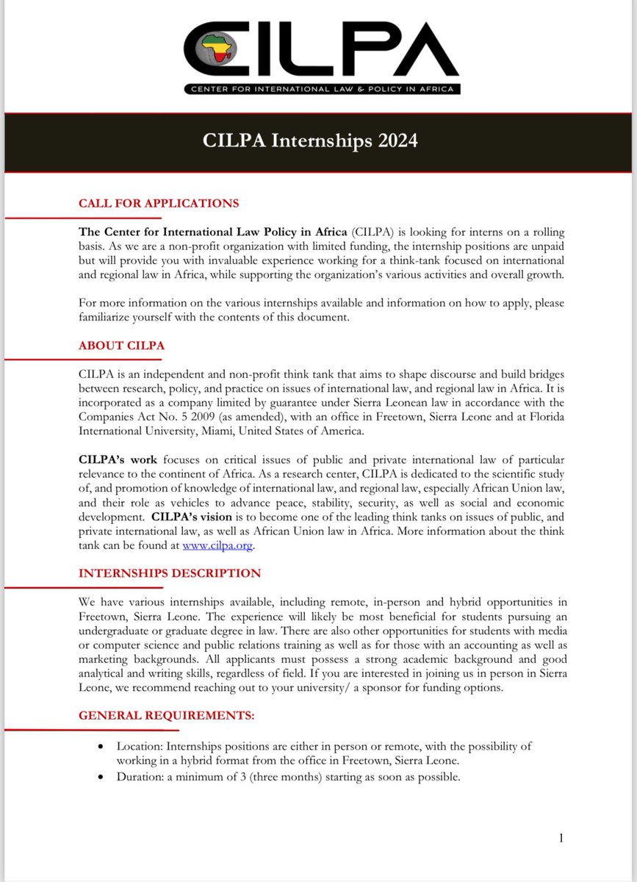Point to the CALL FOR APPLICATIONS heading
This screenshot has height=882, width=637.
pos(159,203)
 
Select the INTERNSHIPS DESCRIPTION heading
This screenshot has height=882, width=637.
pos(169,573)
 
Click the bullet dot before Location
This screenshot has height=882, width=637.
pos(101,745)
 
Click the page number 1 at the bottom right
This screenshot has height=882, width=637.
pos(561,837)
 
